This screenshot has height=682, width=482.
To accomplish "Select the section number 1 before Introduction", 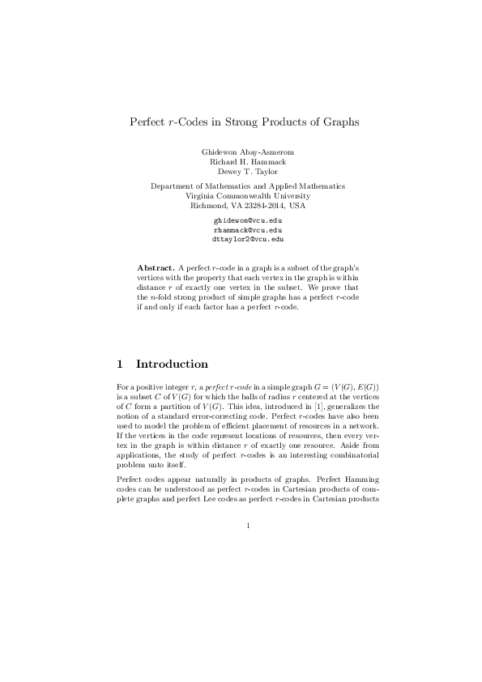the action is point(121,364).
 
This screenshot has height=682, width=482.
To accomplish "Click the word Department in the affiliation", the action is point(173,186).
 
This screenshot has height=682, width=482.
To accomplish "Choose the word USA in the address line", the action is point(295,206).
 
